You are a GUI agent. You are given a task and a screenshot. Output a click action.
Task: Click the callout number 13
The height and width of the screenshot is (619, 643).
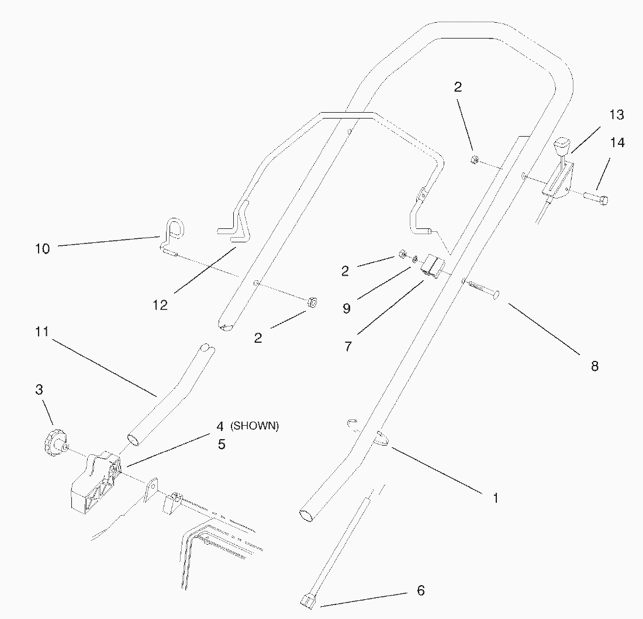[617, 115]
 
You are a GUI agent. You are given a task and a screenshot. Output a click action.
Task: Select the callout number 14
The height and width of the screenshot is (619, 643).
[617, 143]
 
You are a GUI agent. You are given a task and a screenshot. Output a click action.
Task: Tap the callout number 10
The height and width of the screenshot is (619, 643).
[42, 249]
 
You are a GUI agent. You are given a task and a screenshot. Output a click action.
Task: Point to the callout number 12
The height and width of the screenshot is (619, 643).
[160, 305]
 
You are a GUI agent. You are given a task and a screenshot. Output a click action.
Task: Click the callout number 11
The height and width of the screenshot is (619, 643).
[42, 332]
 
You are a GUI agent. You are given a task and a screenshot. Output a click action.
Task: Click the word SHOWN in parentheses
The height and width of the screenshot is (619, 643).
[255, 426]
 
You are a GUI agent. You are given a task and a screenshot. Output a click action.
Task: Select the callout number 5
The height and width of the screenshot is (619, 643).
[221, 444]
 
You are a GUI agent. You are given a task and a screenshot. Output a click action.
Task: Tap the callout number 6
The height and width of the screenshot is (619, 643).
[421, 590]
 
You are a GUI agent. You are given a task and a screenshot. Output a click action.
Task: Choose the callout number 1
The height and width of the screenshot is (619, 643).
[496, 498]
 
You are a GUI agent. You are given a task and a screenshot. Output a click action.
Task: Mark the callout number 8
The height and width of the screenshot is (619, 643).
[594, 367]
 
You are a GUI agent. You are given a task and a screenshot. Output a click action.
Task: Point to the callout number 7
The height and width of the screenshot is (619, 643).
[348, 346]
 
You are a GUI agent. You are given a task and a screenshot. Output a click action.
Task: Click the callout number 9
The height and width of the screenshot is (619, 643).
[347, 308]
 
